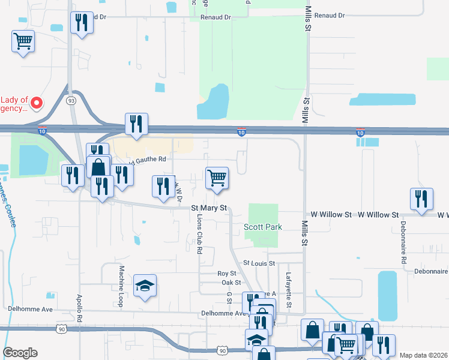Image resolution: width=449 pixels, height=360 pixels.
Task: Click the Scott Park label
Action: click(262, 227)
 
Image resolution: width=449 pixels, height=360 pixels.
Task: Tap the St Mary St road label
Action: click(209, 208)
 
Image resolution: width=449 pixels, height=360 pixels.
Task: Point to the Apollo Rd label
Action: click(79, 308)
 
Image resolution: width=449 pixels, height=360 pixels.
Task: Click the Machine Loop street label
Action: click(121, 287)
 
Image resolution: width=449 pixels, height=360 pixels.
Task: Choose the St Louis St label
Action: click(259, 263)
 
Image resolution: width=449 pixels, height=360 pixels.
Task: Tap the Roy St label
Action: click(228, 274)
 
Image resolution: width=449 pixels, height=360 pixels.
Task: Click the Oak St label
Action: click(231, 283)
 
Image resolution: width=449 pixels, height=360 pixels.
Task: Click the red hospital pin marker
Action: click(36, 103)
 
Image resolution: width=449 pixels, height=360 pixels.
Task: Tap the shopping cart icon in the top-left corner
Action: click(23, 41)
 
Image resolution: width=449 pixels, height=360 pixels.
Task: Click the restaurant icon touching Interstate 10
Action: click(136, 124)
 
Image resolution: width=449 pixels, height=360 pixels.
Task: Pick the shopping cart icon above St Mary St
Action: click(217, 178)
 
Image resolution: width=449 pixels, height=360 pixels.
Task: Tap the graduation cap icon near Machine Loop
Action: click(144, 286)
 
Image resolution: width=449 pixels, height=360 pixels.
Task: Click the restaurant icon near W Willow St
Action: click(421, 199)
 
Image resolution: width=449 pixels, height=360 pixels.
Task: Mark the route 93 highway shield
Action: click(71, 100)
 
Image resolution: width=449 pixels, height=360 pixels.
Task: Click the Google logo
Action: click(20, 353)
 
